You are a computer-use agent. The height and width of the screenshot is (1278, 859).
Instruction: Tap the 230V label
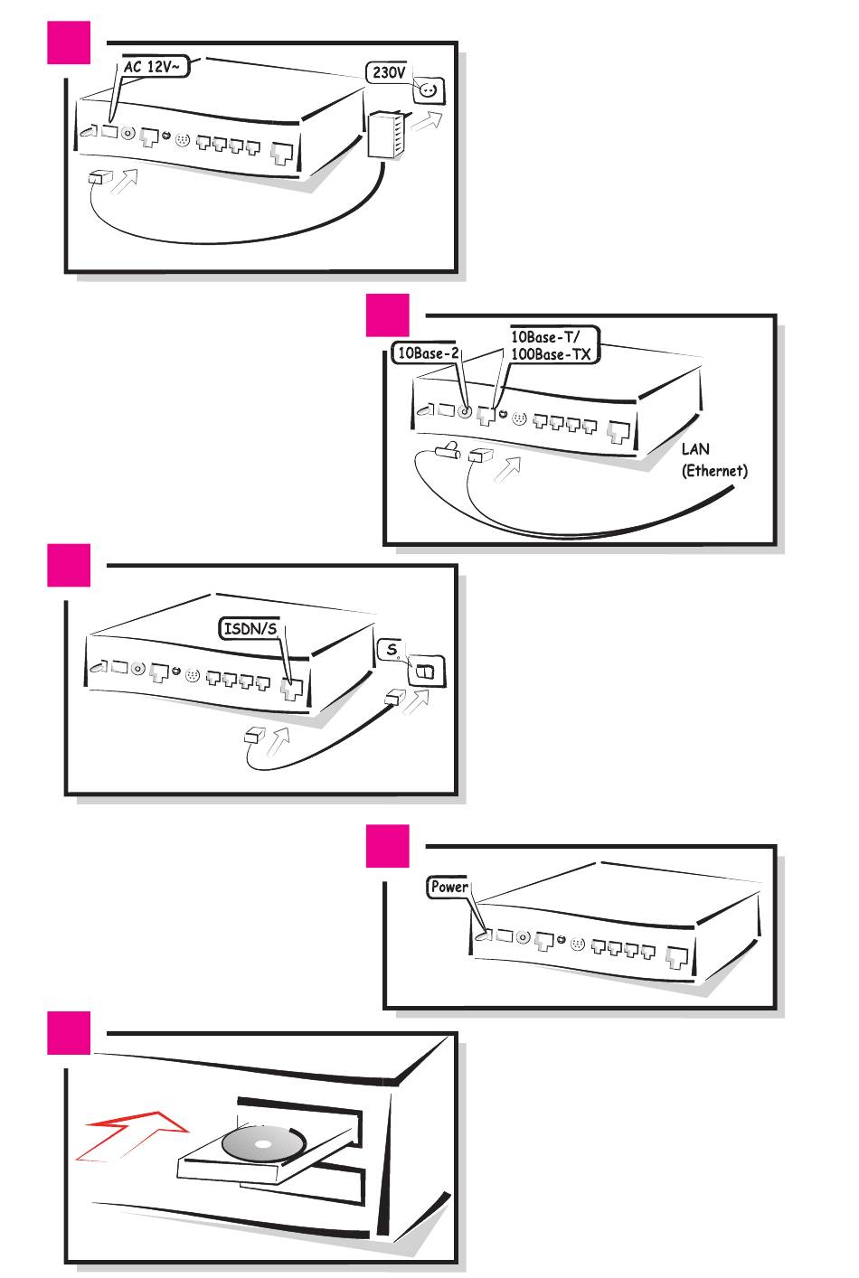click(389, 72)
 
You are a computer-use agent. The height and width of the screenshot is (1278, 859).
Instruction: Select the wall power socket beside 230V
click(429, 89)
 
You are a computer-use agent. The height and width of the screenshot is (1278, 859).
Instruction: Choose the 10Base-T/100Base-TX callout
click(550, 345)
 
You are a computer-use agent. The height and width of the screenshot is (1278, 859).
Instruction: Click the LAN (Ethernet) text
click(714, 459)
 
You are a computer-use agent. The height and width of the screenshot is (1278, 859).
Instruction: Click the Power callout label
click(448, 887)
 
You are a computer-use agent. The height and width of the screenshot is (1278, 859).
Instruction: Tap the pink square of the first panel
click(69, 42)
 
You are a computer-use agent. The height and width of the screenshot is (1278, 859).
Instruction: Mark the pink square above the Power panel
click(388, 846)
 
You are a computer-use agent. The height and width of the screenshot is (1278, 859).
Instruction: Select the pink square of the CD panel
click(69, 1032)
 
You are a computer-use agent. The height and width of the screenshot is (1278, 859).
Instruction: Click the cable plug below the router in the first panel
click(99, 177)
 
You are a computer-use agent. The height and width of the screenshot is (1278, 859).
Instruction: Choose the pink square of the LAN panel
click(388, 315)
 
